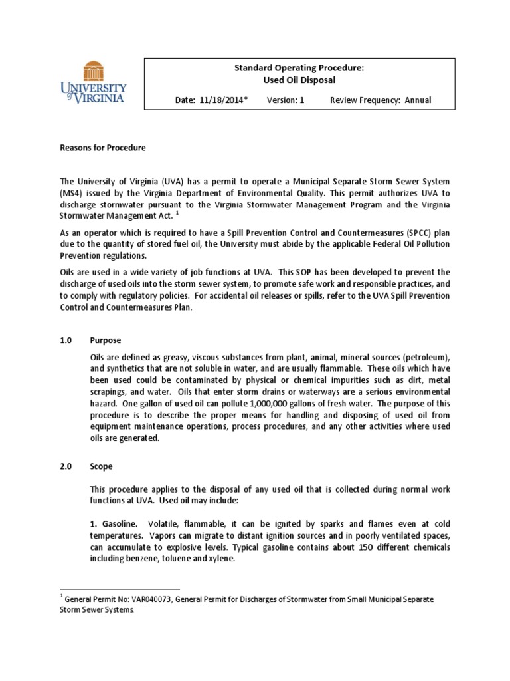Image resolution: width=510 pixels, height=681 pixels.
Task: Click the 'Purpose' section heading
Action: pos(106,340)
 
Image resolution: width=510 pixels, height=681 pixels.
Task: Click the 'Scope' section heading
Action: pos(102,467)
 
